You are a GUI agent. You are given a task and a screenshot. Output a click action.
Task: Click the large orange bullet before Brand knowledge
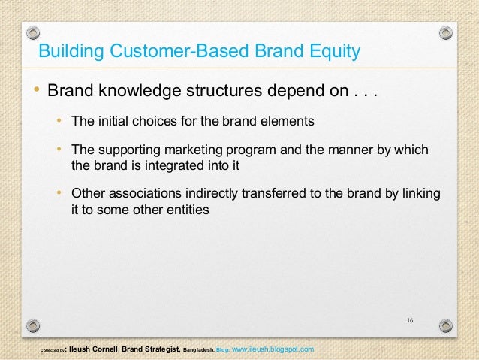[x=35, y=92]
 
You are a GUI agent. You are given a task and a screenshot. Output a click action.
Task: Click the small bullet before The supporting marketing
[x=59, y=149]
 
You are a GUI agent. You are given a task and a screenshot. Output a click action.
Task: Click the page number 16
[x=410, y=321]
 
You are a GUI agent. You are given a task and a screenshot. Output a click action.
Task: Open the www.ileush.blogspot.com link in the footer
[x=273, y=350]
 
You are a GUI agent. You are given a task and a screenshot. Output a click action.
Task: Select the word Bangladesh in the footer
[x=197, y=351]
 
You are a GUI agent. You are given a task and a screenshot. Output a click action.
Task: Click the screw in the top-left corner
[x=32, y=34]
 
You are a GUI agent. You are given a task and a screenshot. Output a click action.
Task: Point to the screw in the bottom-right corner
[x=446, y=325]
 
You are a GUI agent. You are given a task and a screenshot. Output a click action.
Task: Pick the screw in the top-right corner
[x=446, y=34]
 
